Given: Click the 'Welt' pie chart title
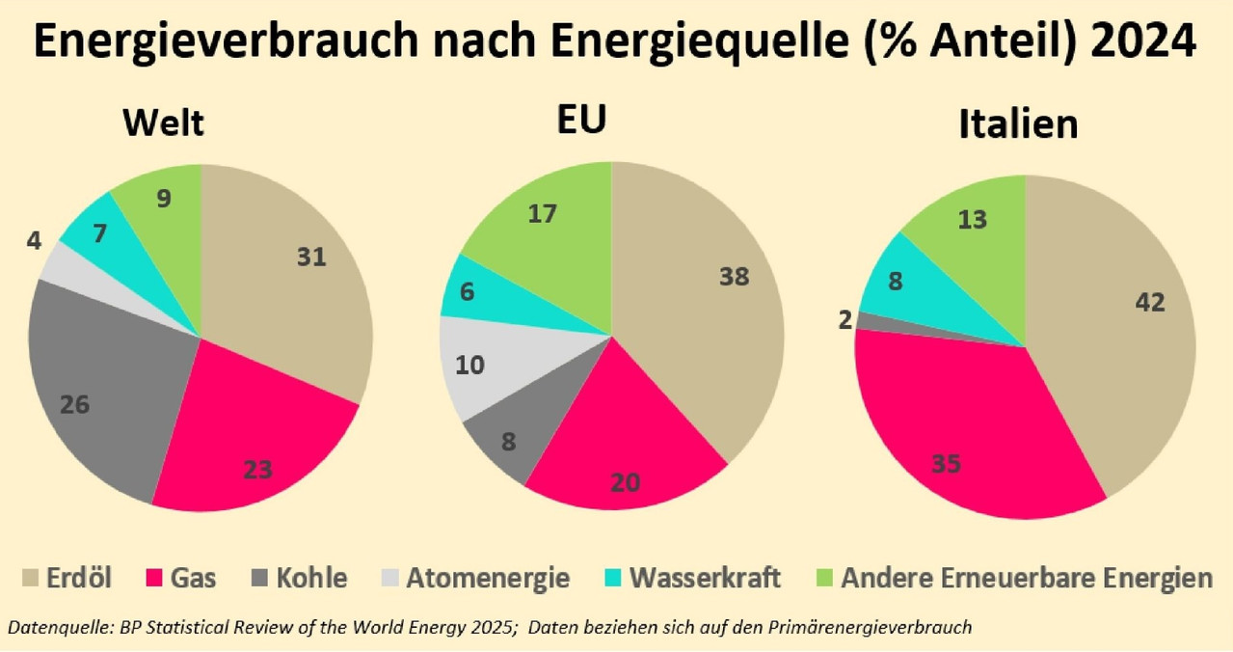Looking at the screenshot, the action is (164, 122).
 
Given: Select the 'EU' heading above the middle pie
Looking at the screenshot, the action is (581, 119).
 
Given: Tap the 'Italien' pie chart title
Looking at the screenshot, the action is (1018, 123).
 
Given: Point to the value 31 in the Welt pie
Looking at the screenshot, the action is (311, 258).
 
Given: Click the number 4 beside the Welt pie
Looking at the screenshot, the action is (34, 241).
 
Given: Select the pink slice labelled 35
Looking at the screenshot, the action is (958, 435).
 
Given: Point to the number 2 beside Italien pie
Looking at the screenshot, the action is (844, 320).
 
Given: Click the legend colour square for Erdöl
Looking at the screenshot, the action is (30, 578).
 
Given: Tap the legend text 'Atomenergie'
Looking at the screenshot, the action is (488, 578).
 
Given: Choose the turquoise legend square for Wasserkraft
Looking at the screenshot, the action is (613, 578).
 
